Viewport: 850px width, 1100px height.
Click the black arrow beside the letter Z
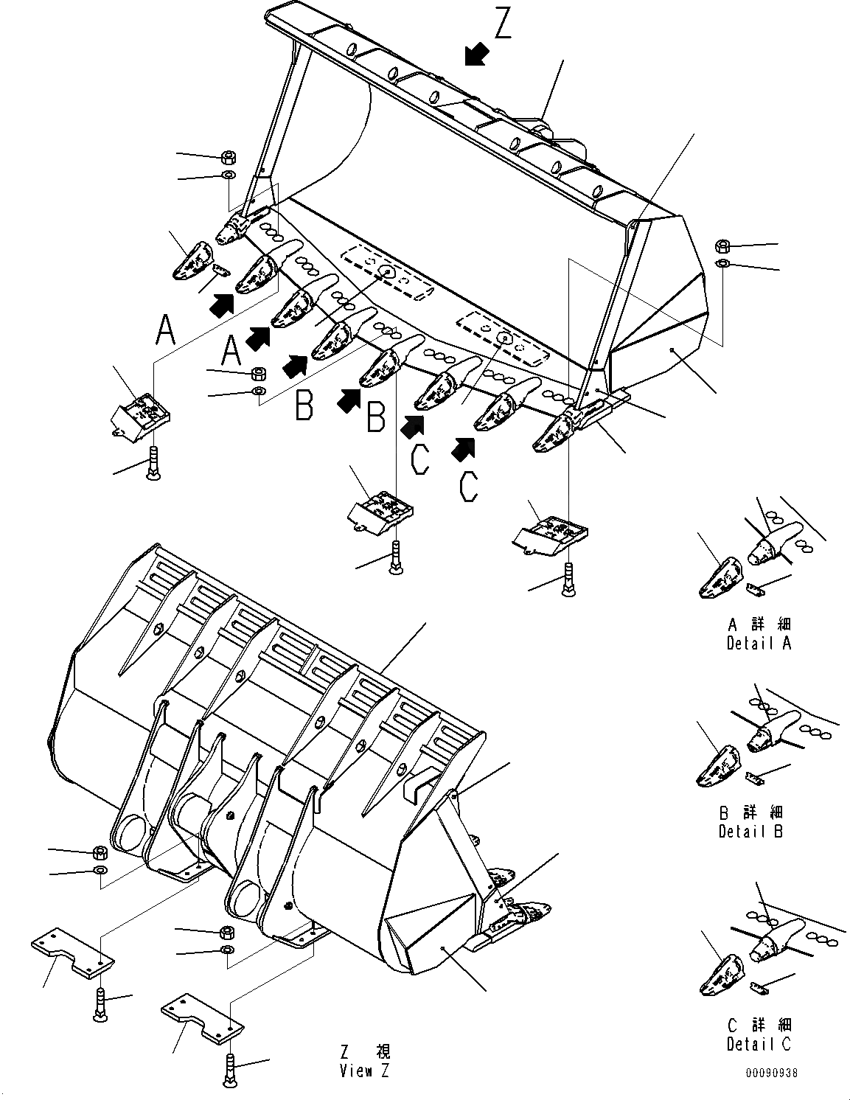[x=477, y=53]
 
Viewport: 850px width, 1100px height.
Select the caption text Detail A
[x=759, y=643]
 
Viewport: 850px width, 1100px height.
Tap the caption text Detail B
[x=750, y=831]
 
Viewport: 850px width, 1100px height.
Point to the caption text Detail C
[x=759, y=1044]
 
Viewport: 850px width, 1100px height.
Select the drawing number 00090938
[x=771, y=1073]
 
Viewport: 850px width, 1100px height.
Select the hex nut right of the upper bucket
[x=724, y=246]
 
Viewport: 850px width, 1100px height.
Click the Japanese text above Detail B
[x=750, y=812]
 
